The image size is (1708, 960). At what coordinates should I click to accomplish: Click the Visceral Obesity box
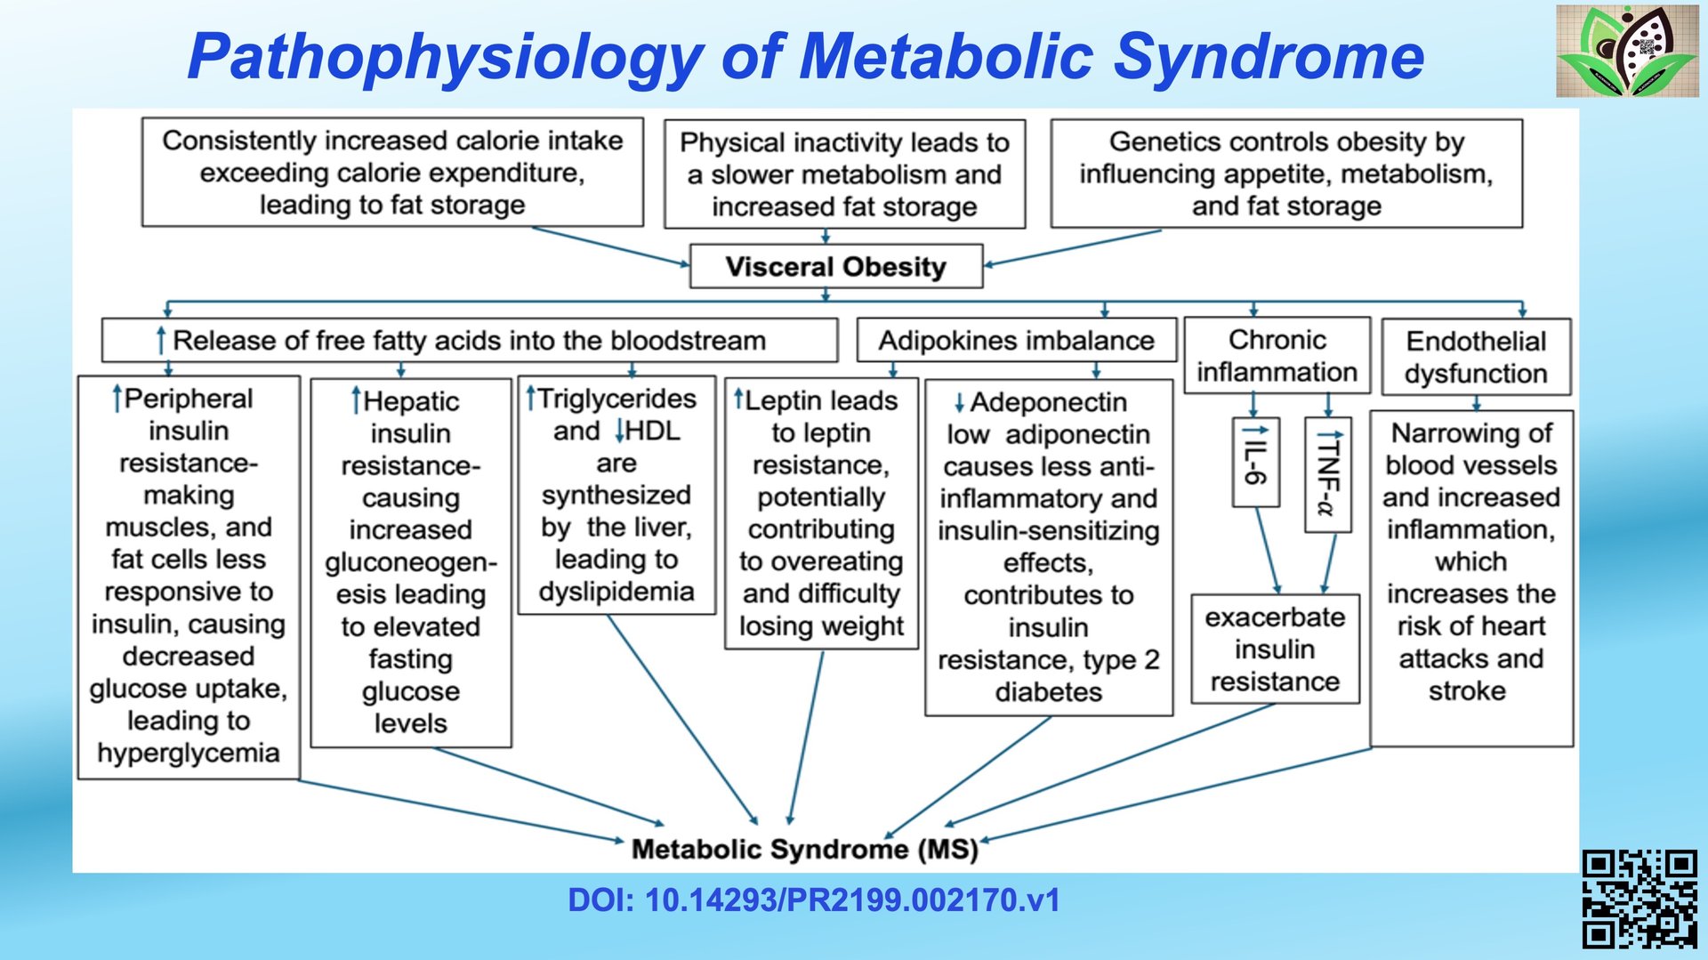pyautogui.click(x=835, y=267)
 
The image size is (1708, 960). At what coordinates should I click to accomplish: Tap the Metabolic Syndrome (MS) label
pyautogui.click(x=804, y=849)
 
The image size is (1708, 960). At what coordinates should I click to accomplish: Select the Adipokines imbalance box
pyautogui.click(x=1016, y=341)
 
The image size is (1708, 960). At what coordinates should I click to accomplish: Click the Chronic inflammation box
pyautogui.click(x=1277, y=356)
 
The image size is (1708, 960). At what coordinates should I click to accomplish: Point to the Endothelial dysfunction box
pyautogui.click(x=1476, y=357)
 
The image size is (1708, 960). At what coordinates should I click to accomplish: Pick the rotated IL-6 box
pyautogui.click(x=1255, y=463)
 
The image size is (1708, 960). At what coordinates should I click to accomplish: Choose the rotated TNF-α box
pyautogui.click(x=1328, y=475)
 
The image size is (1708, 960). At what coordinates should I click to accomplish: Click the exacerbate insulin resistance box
pyautogui.click(x=1275, y=649)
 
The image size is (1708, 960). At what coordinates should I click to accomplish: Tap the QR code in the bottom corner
pyautogui.click(x=1640, y=899)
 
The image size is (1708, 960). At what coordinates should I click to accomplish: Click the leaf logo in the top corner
pyautogui.click(x=1627, y=51)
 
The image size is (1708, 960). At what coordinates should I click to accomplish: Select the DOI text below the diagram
pyautogui.click(x=814, y=900)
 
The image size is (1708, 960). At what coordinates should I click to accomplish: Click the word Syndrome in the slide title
pyautogui.click(x=1269, y=57)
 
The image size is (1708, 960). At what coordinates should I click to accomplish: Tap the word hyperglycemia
pyautogui.click(x=189, y=753)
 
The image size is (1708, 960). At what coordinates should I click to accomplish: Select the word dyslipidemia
pyautogui.click(x=616, y=592)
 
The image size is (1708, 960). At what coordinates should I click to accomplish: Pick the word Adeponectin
pyautogui.click(x=1048, y=402)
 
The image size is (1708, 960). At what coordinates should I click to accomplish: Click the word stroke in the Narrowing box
pyautogui.click(x=1467, y=690)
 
